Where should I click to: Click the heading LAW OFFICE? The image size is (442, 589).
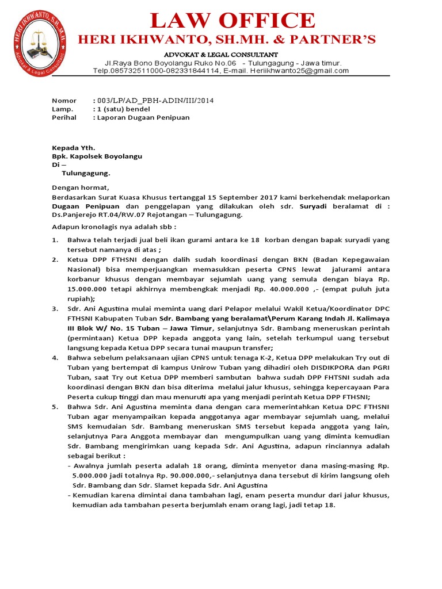[233, 21]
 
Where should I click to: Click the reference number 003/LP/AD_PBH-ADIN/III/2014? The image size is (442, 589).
[156, 100]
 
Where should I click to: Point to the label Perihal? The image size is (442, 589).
[64, 117]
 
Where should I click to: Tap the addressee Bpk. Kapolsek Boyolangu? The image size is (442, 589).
[97, 156]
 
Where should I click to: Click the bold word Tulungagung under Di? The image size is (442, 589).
[85, 173]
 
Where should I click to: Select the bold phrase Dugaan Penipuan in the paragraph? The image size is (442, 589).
[86, 206]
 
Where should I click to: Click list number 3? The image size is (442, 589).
[55, 309]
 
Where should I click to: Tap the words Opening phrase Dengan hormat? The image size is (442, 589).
[80, 188]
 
